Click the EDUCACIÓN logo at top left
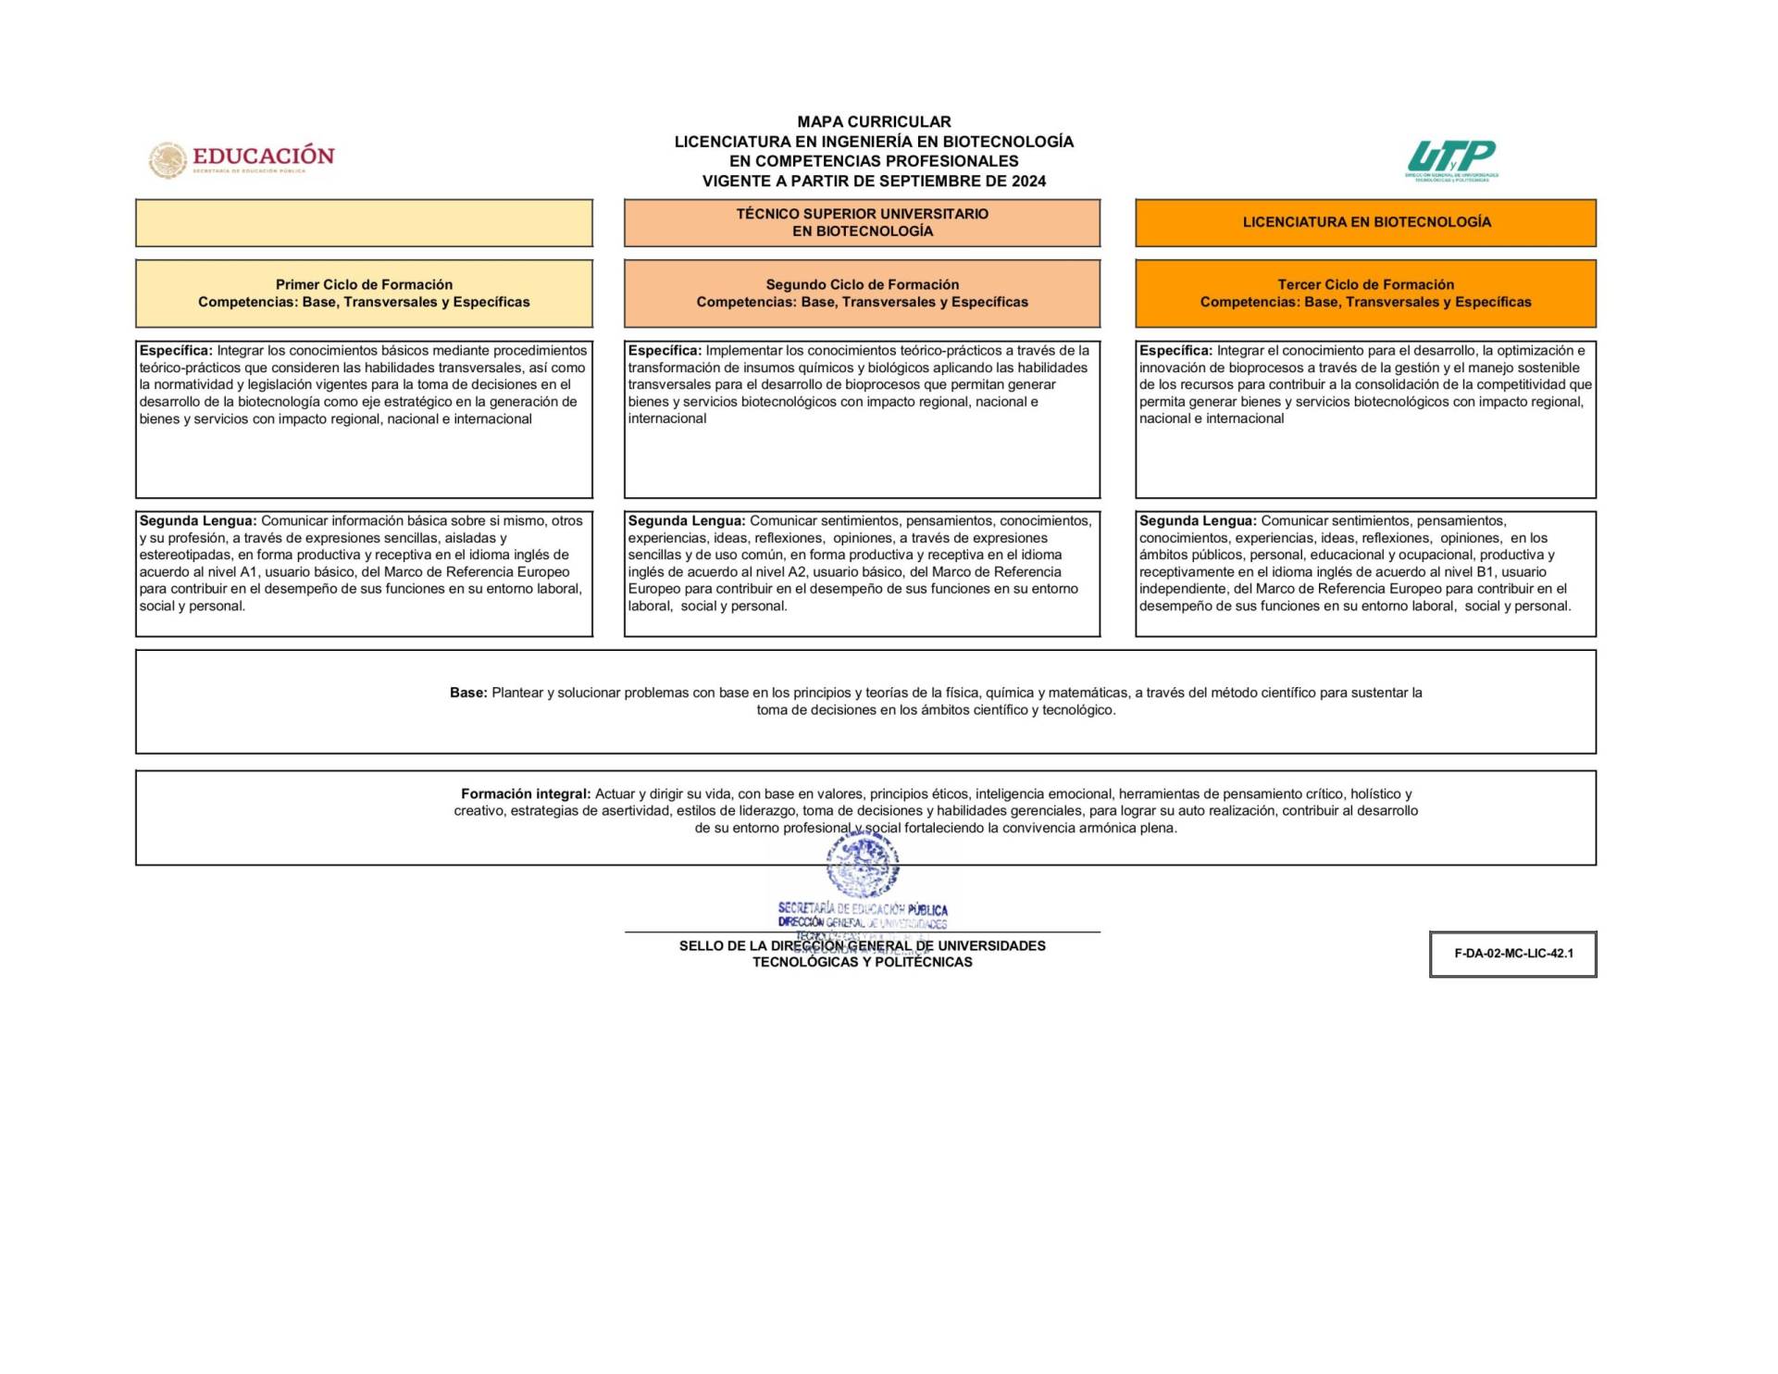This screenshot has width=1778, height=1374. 242,159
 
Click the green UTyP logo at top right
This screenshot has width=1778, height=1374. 1451,159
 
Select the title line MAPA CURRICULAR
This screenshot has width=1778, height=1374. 874,121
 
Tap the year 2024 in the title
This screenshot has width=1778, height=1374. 1028,181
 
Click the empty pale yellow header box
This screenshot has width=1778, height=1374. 364,223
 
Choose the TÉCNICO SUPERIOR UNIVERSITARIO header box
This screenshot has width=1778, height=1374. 862,222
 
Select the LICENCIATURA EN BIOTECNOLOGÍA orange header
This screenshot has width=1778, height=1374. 1366,222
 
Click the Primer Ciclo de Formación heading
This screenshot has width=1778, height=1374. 364,284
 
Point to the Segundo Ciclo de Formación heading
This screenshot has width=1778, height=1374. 862,284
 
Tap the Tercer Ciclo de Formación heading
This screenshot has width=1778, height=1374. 1365,284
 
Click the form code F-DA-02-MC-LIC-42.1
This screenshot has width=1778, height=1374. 1513,954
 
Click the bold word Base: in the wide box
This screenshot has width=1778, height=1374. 468,693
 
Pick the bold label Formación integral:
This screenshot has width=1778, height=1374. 525,793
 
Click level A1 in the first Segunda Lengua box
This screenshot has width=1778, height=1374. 249,572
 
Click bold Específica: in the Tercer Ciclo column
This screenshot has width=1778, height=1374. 1175,351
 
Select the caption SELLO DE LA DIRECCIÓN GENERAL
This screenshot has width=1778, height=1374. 862,946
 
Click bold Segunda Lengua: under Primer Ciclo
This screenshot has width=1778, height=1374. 198,521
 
